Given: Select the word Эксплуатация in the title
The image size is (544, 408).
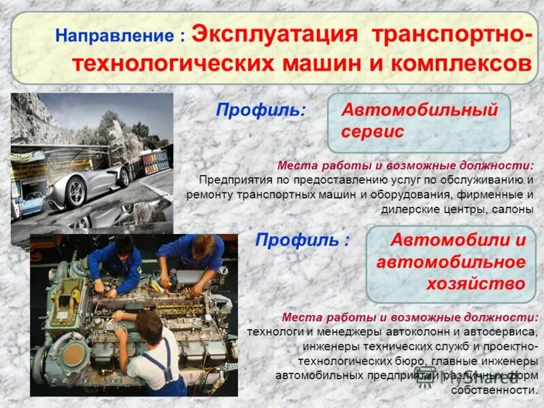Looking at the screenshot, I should click(275, 34).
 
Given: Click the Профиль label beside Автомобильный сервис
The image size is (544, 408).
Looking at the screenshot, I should click(260, 109).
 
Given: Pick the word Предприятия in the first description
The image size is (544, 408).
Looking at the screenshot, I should click(235, 180).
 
